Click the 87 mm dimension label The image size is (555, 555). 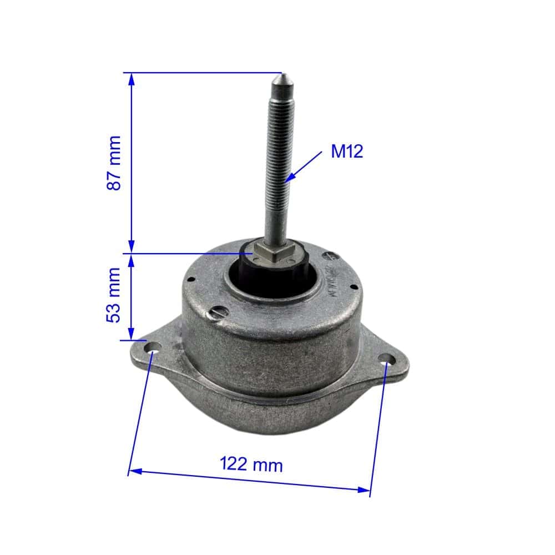[114, 163]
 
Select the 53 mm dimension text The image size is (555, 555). [114, 295]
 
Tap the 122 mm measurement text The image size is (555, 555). [251, 464]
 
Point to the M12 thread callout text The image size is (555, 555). [347, 151]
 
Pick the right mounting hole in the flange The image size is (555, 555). [387, 361]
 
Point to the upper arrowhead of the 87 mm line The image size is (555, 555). [132, 78]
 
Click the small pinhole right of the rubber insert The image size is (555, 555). [352, 287]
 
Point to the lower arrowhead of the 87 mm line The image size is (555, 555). [132, 248]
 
